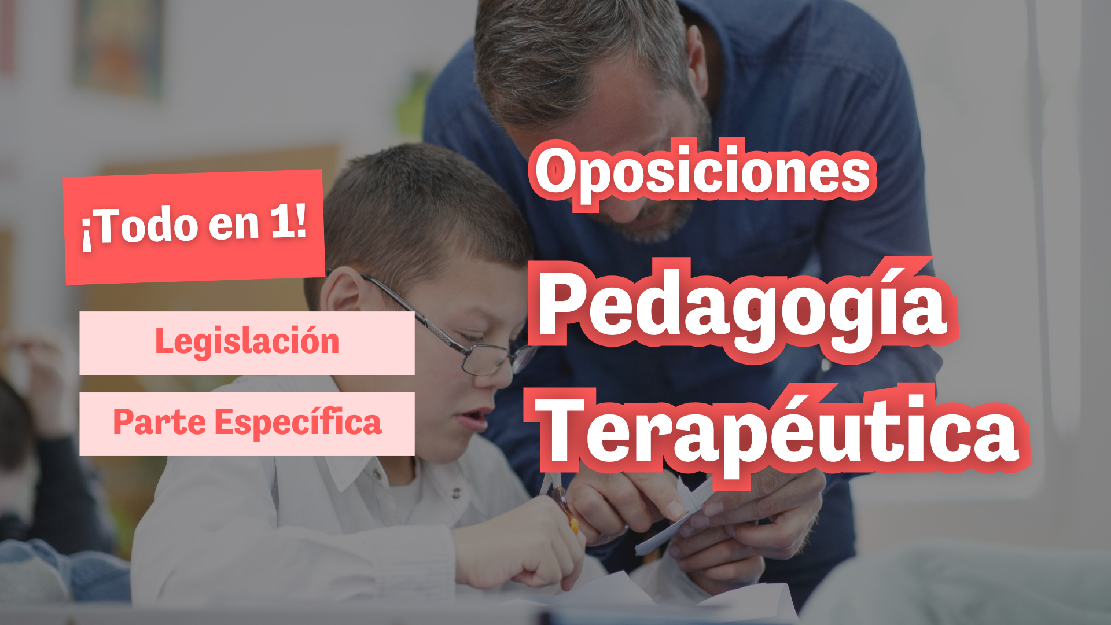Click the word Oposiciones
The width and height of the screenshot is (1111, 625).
[x=702, y=172]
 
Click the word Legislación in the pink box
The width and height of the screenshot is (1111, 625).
[x=247, y=341]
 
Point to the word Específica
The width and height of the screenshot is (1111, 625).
[x=298, y=422]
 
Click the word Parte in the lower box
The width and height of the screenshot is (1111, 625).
[x=160, y=422]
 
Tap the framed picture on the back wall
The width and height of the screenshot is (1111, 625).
[x=119, y=46]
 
